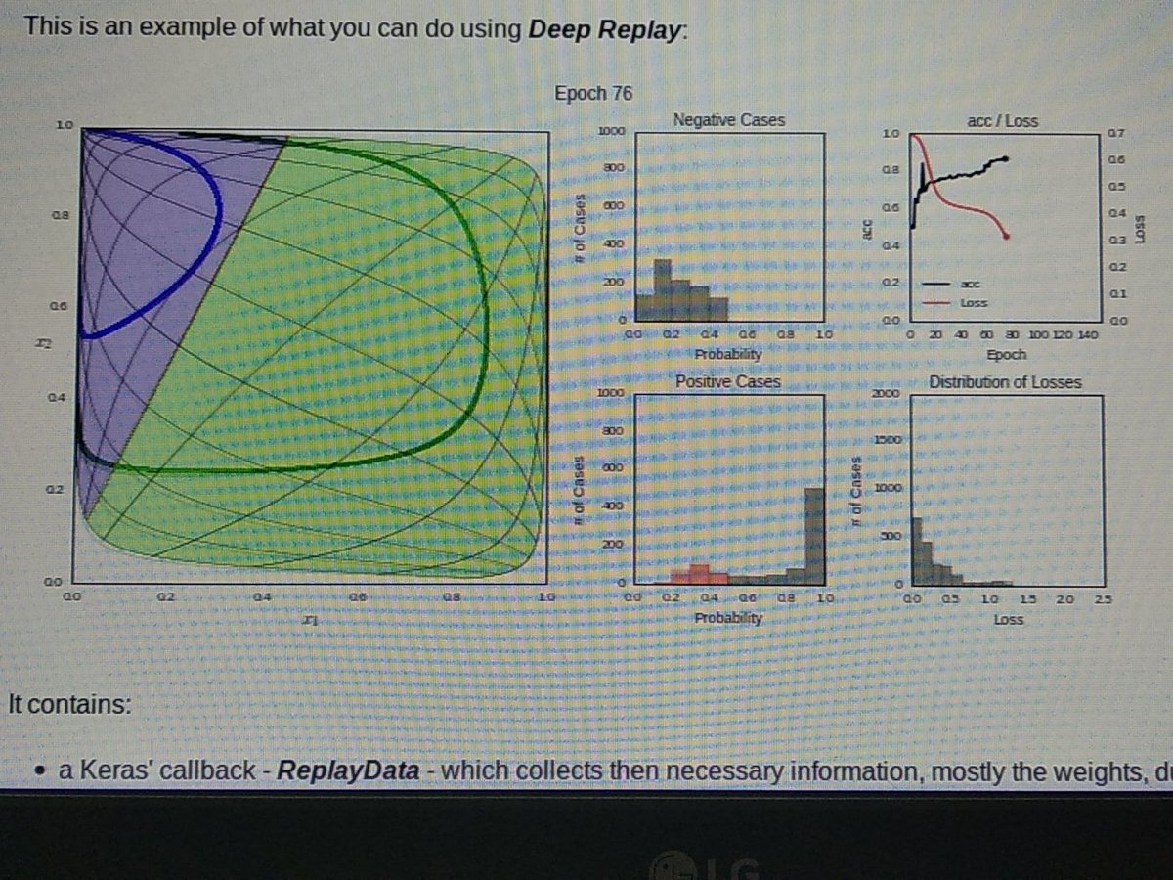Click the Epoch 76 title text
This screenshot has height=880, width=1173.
point(593,94)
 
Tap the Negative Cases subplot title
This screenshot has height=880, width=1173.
point(729,120)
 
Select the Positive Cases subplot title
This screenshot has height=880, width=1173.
point(729,381)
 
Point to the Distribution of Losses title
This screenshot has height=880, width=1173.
point(1005,381)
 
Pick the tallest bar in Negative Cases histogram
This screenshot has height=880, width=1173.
point(663,289)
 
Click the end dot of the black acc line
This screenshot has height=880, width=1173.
point(1007,158)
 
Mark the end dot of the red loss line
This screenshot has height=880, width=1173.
point(1007,238)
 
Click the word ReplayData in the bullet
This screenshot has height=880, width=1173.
point(348,771)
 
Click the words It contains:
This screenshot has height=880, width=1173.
point(68,704)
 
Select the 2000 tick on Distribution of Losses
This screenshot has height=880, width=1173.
point(884,392)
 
